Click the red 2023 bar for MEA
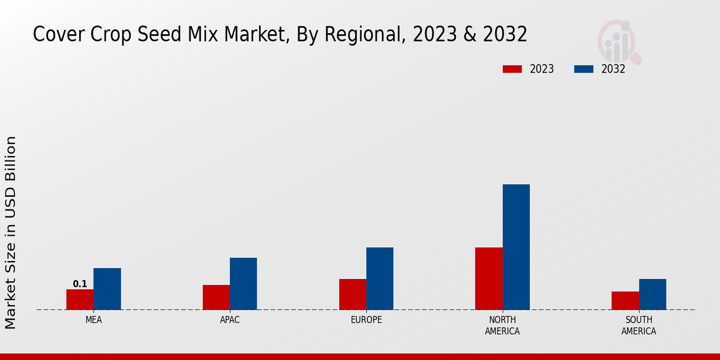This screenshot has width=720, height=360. tap(80, 299)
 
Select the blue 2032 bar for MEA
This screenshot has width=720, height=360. tap(107, 289)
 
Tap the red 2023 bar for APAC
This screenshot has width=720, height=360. tap(216, 297)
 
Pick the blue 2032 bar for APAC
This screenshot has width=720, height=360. tap(243, 284)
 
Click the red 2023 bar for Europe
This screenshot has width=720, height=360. tap(352, 294)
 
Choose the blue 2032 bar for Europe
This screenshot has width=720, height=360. tap(380, 278)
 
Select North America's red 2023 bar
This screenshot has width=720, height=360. tap(488, 278)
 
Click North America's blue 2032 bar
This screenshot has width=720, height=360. tap(516, 247)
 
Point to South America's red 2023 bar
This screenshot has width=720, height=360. tap(625, 301)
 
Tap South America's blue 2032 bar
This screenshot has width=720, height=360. tap(652, 294)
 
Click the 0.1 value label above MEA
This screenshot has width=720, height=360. tap(80, 284)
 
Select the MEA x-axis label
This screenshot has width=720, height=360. tap(94, 320)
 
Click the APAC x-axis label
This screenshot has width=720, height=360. tap(230, 320)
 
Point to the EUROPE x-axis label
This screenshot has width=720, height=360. tap(366, 320)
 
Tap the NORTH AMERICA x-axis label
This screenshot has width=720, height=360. tap(502, 325)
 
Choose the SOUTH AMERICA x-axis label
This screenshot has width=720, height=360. tap(638, 325)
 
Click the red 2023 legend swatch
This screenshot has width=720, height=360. tap(512, 69)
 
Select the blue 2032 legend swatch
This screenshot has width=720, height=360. tap(584, 69)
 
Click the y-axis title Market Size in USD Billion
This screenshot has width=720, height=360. tap(11, 232)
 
